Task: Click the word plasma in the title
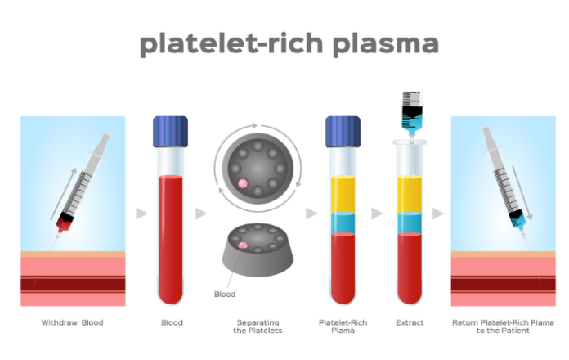[385, 44]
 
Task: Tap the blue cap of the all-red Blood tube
[171, 132]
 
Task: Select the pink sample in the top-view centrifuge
[243, 183]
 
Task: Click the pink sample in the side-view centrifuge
[243, 245]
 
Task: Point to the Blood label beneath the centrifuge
[225, 295]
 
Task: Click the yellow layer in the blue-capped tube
[343, 195]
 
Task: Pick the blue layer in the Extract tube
[410, 223]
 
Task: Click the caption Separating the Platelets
[258, 326]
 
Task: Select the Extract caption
[410, 322]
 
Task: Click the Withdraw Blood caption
[72, 322]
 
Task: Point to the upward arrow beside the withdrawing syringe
[63, 194]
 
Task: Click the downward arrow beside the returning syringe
[522, 192]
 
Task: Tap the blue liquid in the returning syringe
[517, 221]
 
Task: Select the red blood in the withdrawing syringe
[64, 225]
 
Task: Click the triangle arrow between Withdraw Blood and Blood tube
[141, 214]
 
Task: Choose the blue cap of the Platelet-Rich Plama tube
[343, 132]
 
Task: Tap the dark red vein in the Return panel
[503, 284]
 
